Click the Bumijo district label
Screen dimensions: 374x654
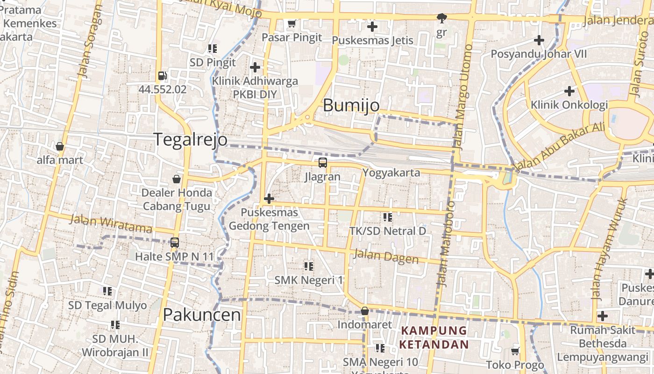tap(351, 105)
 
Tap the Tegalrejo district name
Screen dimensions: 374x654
tap(191, 139)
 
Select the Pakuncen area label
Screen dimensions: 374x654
tap(202, 315)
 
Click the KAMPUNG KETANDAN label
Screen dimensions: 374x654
tap(434, 338)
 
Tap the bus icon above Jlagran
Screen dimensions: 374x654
tap(323, 163)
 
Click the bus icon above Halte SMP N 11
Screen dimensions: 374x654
tap(175, 242)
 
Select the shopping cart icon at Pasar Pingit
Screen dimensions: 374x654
tap(292, 23)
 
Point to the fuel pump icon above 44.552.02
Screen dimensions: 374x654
tap(162, 75)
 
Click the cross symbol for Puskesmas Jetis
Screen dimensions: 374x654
tap(372, 26)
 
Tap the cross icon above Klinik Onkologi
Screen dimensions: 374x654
tap(569, 91)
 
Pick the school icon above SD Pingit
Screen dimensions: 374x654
tap(213, 48)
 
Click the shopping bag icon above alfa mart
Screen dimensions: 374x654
tap(60, 146)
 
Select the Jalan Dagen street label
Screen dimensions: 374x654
tap(386, 256)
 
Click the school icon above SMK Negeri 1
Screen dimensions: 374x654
tap(308, 266)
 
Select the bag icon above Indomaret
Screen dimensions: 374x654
tap(365, 311)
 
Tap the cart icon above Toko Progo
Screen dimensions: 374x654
tap(515, 351)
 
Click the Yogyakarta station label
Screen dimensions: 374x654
tap(391, 173)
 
